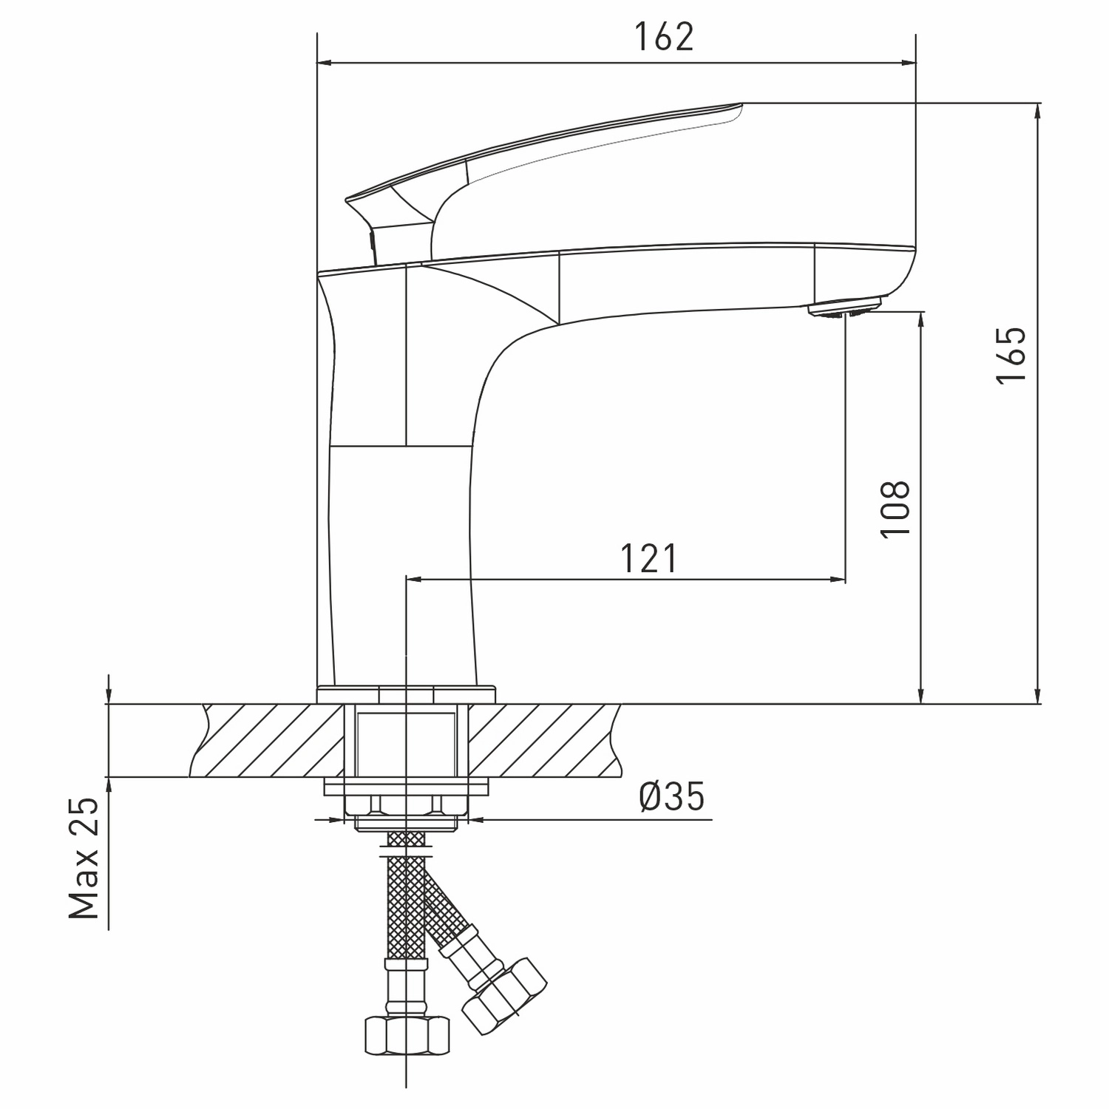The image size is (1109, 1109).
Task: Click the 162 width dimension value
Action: (665, 36)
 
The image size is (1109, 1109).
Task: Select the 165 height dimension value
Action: (1011, 354)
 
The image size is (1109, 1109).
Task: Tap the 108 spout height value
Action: (895, 510)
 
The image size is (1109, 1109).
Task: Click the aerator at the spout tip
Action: (847, 307)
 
